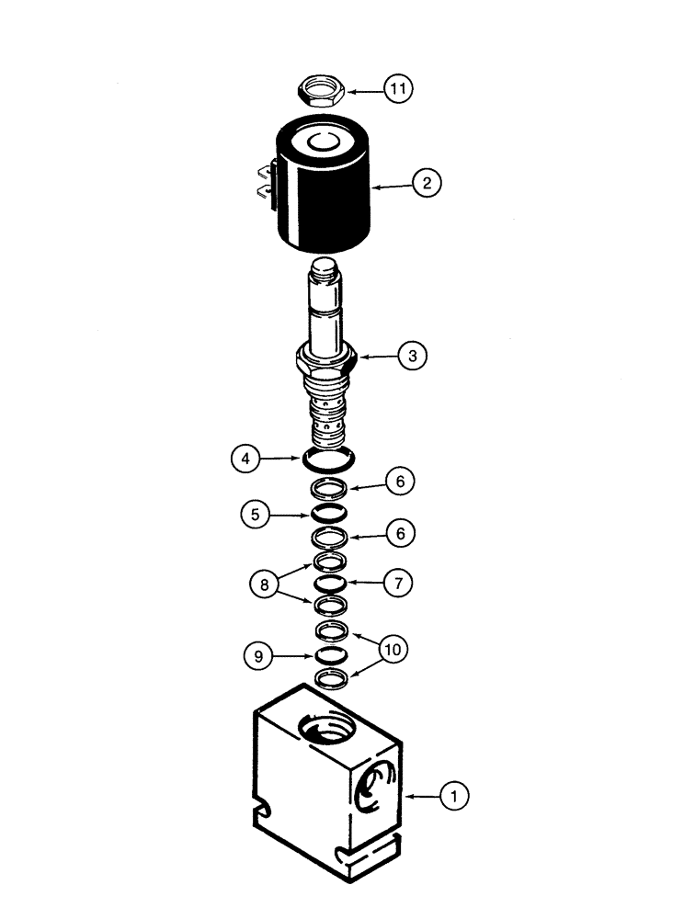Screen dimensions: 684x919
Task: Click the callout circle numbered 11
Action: point(399,89)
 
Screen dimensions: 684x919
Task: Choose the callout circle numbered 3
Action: point(413,356)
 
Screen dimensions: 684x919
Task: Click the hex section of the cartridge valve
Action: point(327,361)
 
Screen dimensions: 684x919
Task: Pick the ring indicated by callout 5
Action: point(328,513)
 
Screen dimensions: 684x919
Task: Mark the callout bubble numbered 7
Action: point(399,582)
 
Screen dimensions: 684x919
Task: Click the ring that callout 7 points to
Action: point(328,583)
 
